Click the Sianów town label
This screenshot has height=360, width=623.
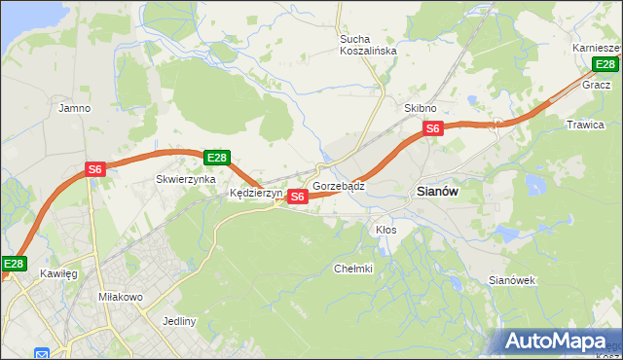click(x=437, y=192)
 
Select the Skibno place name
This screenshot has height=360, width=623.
click(x=421, y=108)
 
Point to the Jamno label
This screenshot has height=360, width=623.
click(x=75, y=108)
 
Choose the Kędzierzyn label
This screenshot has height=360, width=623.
click(x=255, y=194)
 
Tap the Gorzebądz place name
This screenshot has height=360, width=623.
click(x=339, y=185)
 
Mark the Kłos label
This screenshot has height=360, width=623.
click(x=385, y=230)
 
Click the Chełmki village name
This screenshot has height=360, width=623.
click(x=353, y=269)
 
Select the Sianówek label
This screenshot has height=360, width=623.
click(x=512, y=280)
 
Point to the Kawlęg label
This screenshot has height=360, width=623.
click(x=58, y=273)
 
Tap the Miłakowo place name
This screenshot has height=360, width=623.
click(x=121, y=296)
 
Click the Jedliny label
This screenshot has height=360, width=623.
click(x=180, y=321)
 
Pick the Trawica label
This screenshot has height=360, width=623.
click(x=585, y=125)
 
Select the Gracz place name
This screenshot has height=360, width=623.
click(x=596, y=85)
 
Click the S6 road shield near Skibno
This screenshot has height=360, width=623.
click(x=433, y=127)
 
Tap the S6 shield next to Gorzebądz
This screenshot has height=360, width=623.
click(x=298, y=197)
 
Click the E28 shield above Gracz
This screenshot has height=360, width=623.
click(x=605, y=65)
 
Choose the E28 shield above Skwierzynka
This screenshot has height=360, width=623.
click(x=216, y=158)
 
